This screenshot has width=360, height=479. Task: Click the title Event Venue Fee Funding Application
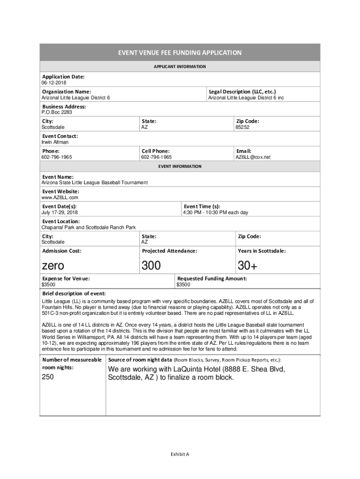point(180,53)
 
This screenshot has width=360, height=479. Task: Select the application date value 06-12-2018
point(53,83)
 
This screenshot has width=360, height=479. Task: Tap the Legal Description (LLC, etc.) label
point(242,92)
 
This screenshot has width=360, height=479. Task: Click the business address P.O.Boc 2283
point(57,112)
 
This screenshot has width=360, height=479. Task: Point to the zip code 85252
point(242,127)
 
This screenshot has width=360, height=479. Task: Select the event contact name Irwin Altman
point(55,142)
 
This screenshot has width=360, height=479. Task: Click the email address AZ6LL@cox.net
point(252,157)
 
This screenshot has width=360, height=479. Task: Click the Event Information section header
point(180,167)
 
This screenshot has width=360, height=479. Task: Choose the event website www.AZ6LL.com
point(60,197)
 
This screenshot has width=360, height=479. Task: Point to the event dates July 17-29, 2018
point(59,212)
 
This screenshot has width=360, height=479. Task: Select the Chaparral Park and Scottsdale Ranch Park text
point(88,227)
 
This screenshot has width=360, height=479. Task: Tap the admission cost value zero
point(53,266)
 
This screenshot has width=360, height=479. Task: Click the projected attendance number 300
point(151,266)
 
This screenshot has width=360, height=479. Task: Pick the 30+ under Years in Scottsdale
point(247,266)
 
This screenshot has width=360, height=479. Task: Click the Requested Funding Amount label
point(211,278)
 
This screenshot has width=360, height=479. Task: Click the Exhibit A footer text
point(180,454)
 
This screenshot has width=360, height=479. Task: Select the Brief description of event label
point(74,293)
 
